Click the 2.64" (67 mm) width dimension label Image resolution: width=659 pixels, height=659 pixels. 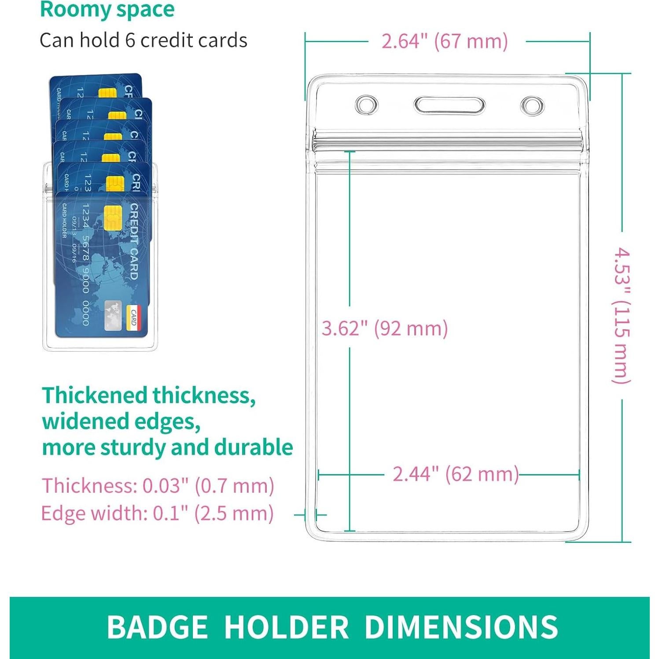[x=445, y=41]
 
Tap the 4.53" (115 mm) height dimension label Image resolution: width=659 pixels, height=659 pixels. [x=622, y=315]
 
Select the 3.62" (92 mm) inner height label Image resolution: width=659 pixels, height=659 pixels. [x=385, y=328]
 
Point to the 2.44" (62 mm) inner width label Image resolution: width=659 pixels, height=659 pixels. [x=456, y=474]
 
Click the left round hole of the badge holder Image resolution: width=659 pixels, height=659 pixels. [x=366, y=105]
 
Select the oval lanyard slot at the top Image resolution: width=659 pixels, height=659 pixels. [x=449, y=106]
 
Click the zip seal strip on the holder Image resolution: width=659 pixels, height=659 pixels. [x=449, y=142]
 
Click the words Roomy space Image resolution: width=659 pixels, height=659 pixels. [x=107, y=10]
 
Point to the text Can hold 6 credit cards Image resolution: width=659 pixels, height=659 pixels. [x=144, y=40]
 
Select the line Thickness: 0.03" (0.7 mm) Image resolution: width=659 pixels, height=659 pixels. [x=158, y=486]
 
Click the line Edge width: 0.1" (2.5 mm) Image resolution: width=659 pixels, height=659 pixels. [x=158, y=513]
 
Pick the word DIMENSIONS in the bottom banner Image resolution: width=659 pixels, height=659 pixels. [x=461, y=627]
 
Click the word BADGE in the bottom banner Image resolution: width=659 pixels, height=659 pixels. [x=157, y=627]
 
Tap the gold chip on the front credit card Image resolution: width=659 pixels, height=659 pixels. [x=113, y=217]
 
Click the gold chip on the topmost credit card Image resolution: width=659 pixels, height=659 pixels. [x=108, y=93]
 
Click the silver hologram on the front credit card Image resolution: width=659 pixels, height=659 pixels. [x=113, y=315]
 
